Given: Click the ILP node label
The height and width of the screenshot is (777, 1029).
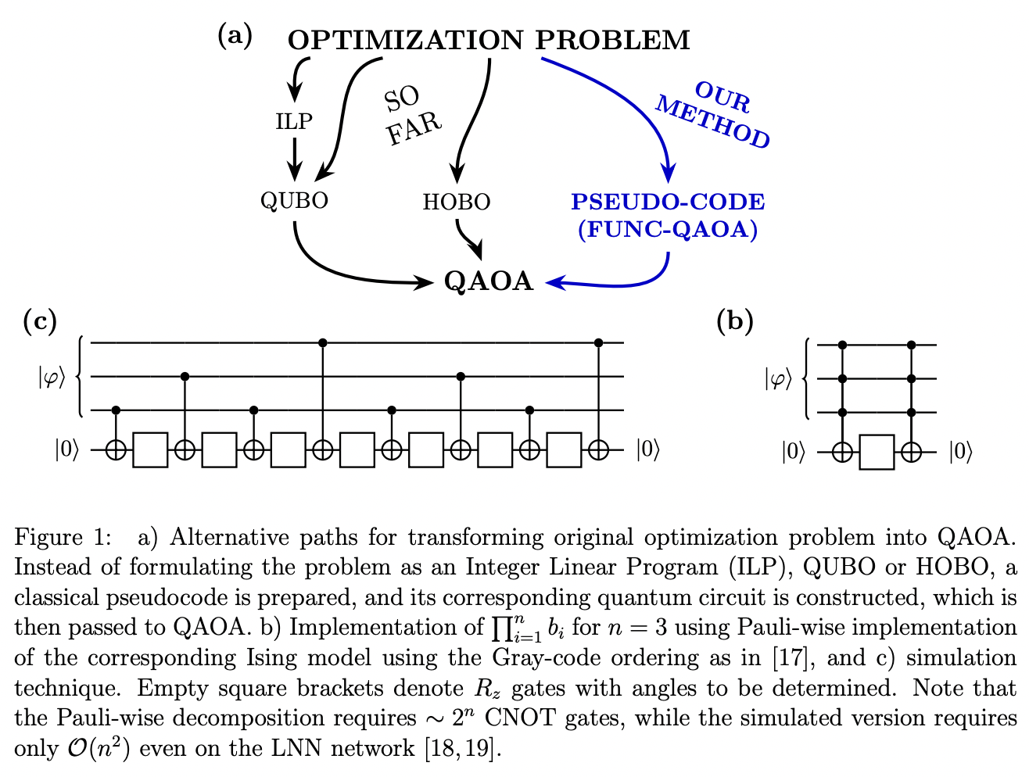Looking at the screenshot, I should pos(294,121).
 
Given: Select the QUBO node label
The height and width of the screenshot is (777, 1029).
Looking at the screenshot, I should pos(294,200).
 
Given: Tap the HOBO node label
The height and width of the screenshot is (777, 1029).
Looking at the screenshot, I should pos(456,202).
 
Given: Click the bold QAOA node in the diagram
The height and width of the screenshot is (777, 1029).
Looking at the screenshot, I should pos(489,281).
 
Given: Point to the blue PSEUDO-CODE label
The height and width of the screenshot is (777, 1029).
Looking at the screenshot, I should pos(668,202).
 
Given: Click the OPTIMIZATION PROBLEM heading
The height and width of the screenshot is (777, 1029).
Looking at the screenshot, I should pos(489,39).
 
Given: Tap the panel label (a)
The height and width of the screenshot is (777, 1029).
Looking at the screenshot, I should pos(235,35).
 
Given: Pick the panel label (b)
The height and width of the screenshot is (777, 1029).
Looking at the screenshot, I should pos(734,321).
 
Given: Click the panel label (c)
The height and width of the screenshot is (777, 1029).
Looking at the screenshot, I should pos(41,321).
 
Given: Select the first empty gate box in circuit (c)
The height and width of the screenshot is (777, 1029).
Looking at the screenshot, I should pos(150,451).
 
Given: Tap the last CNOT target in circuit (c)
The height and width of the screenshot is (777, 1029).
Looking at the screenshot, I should pos(599,451).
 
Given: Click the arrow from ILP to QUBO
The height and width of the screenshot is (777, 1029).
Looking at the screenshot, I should pos(294,159).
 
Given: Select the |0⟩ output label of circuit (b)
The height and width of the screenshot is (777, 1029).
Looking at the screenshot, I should pos(960,453).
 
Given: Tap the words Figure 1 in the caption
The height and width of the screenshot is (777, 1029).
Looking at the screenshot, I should pos(59,539).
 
